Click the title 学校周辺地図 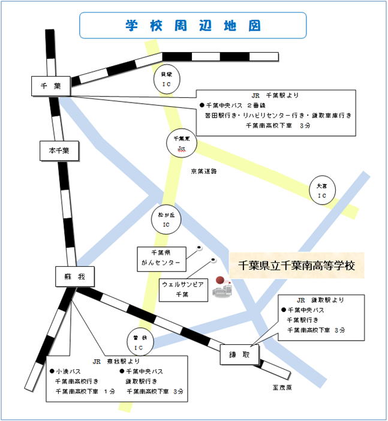(193, 26)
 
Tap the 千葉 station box (50, 86)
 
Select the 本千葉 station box (58, 151)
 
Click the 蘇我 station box (75, 276)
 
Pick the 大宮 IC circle (321, 191)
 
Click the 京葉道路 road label (204, 171)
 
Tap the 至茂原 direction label (281, 387)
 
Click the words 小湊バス (71, 371)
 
